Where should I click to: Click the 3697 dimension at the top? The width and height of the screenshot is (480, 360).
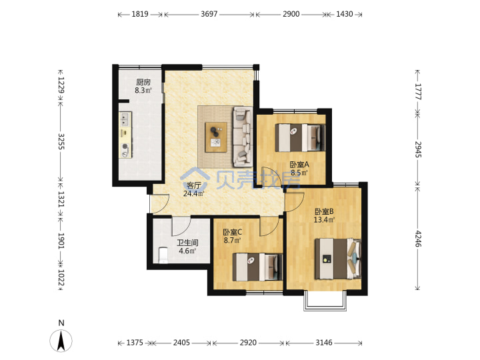pyautogui.click(x=209, y=14)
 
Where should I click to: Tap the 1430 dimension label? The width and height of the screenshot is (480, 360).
pyautogui.click(x=345, y=14)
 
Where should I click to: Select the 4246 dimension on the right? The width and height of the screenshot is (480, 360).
pyautogui.click(x=418, y=239)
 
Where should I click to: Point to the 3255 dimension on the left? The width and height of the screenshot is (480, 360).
pyautogui.click(x=61, y=141)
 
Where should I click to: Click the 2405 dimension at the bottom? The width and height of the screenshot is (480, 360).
pyautogui.click(x=181, y=343)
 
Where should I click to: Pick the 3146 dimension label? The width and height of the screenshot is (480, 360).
pyautogui.click(x=324, y=343)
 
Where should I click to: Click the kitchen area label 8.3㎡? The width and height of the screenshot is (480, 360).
pyautogui.click(x=143, y=90)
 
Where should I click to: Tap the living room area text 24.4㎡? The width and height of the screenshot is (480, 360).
pyautogui.click(x=194, y=193)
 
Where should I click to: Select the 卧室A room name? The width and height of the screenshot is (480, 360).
pyautogui.click(x=299, y=165)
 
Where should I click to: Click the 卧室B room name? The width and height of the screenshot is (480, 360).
pyautogui.click(x=324, y=211)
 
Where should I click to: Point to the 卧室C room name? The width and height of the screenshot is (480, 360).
pyautogui.click(x=233, y=233)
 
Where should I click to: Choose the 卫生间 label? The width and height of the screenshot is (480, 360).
pyautogui.click(x=187, y=243)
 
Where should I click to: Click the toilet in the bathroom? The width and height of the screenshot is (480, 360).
pyautogui.click(x=163, y=255)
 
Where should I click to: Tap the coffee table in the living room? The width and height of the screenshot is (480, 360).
pyautogui.click(x=216, y=137)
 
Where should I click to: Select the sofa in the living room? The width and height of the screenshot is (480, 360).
pyautogui.click(x=243, y=137)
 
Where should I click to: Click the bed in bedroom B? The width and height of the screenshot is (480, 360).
pyautogui.click(x=338, y=259)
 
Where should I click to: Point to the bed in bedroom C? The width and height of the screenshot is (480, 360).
pyautogui.click(x=257, y=267)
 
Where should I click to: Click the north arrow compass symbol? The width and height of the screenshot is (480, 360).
pyautogui.click(x=61, y=341)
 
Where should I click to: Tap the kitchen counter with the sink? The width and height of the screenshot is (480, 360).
pyautogui.click(x=125, y=135)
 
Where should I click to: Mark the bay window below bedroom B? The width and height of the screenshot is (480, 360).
pyautogui.click(x=325, y=301)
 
